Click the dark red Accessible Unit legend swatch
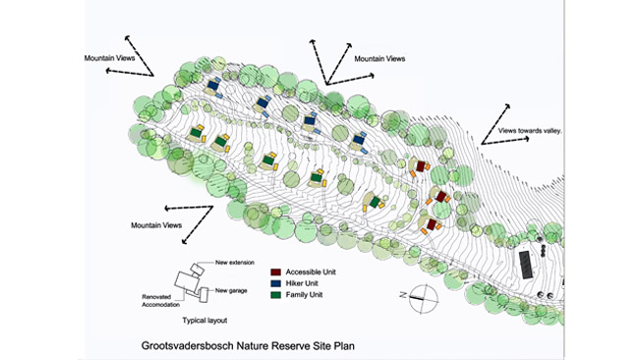[275, 271]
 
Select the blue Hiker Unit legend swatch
[275, 283]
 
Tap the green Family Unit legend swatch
[275, 295]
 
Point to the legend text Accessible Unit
[311, 271]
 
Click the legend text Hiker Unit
[302, 283]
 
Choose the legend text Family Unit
[304, 295]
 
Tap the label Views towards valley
[530, 131]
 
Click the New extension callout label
[235, 263]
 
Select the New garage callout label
[231, 291]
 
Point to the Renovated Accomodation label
[161, 301]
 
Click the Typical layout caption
[204, 321]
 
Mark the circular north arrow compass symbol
[424, 299]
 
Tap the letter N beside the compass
[403, 295]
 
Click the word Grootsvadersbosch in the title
[187, 345]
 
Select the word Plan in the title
[344, 345]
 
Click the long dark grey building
[526, 265]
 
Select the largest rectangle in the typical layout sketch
[187, 281]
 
